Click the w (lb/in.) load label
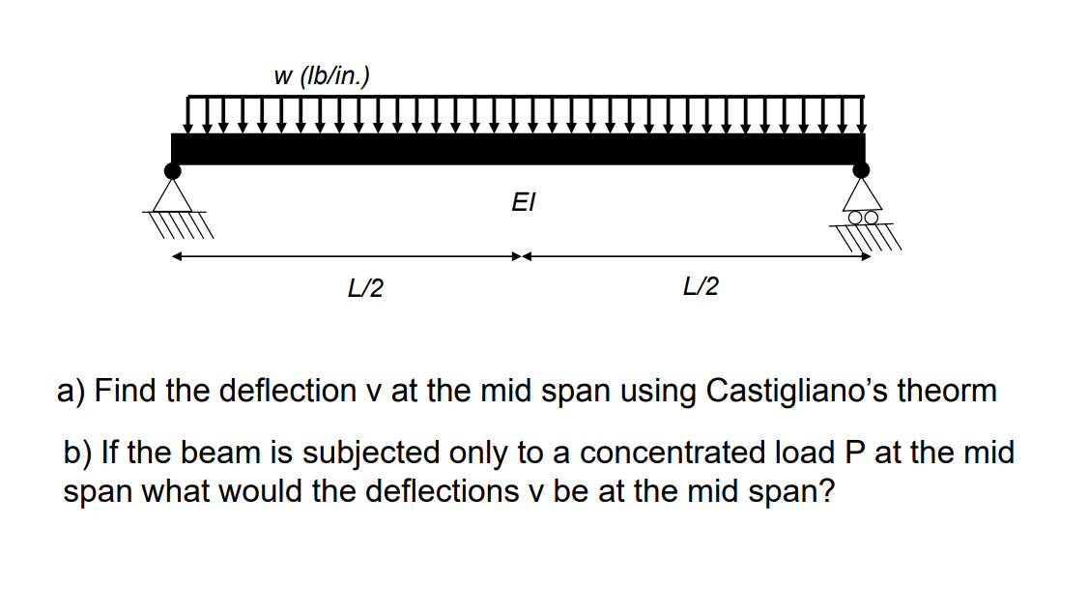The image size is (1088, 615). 322,76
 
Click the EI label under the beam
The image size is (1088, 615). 523,203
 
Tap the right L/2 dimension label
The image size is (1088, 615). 701,287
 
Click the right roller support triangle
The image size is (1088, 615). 861,195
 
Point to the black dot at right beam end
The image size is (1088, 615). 861,171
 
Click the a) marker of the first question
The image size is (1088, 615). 72,391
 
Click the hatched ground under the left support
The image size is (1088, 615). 181,225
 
